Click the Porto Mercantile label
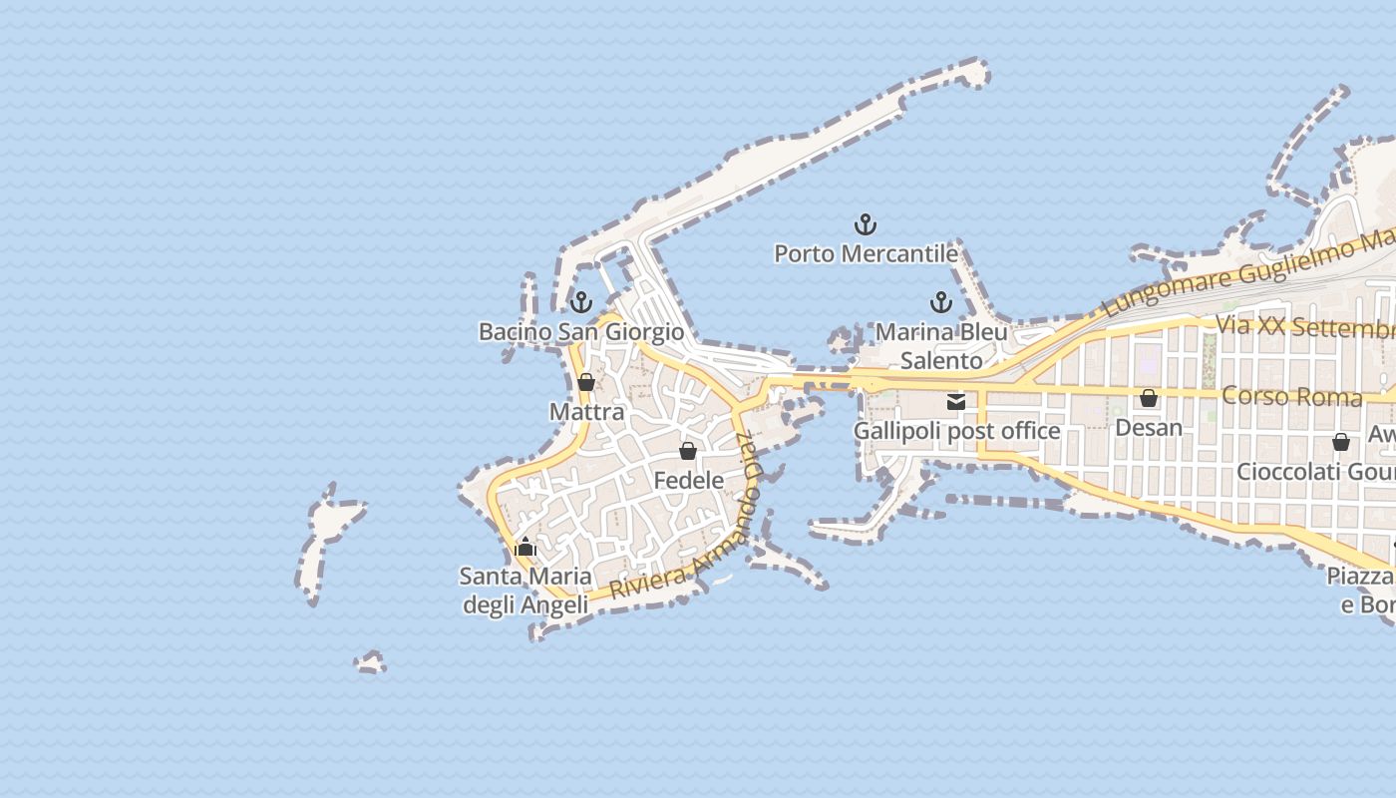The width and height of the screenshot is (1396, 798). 866,254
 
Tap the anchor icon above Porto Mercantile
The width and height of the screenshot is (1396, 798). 866,224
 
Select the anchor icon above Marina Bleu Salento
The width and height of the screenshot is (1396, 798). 941,302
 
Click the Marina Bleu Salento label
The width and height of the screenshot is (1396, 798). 941,345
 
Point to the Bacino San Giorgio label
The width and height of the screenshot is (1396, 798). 581,332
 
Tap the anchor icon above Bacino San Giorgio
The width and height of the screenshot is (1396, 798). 581,302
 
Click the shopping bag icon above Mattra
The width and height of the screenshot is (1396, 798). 586,382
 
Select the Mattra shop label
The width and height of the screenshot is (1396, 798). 586,412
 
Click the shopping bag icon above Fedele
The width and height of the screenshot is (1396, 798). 688,451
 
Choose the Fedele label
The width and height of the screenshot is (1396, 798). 688,481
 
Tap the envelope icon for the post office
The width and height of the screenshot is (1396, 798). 956,402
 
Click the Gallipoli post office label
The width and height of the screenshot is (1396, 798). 956,431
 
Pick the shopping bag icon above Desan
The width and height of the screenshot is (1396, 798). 1149,398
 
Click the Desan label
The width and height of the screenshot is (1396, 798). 1149,428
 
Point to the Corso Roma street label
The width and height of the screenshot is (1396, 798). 1291,396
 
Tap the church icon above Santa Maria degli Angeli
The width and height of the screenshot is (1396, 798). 525,547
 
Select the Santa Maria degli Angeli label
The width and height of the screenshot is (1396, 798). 525,591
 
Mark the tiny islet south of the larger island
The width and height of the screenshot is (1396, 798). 371,662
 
